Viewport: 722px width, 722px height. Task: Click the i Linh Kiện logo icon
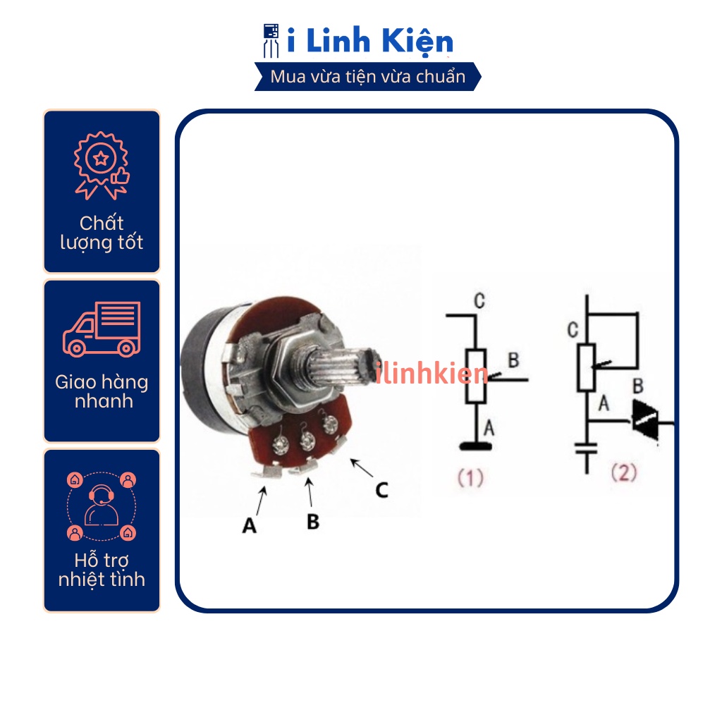tap(271, 40)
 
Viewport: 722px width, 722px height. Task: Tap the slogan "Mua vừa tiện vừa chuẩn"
tap(368, 77)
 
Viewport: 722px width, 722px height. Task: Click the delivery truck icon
tap(102, 329)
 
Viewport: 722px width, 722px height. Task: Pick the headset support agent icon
tap(102, 503)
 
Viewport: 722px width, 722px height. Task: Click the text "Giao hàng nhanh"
tap(102, 392)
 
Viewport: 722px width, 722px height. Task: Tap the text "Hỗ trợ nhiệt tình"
tap(102, 570)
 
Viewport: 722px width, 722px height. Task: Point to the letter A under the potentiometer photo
tap(249, 525)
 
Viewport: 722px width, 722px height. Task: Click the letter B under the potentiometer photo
tap(313, 522)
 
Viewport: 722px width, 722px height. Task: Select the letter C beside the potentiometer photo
tap(381, 489)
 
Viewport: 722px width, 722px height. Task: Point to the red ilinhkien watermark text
tap(432, 374)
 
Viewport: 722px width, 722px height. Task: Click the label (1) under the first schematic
tap(470, 479)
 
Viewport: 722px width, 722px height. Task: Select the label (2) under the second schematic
tap(623, 472)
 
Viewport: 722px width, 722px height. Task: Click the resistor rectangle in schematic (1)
tap(477, 375)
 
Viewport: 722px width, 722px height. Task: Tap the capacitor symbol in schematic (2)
tap(587, 448)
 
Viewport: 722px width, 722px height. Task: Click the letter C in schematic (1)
tap(479, 302)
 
